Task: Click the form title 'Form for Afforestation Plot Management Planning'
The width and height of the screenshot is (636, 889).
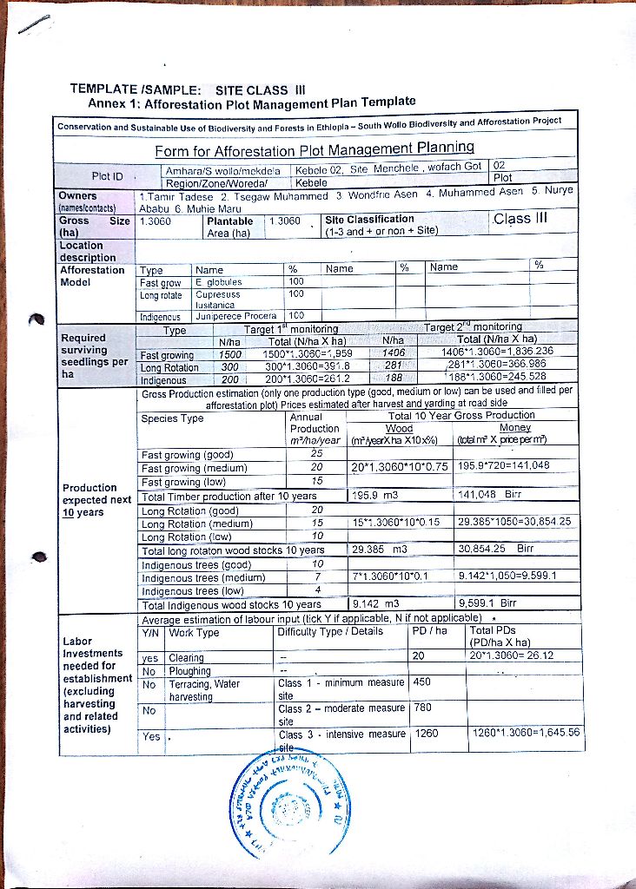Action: click(315, 148)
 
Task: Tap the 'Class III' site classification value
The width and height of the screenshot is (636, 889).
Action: click(520, 218)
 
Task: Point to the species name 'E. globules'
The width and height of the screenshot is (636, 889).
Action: click(219, 282)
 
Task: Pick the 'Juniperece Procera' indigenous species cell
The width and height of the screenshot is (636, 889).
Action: click(235, 316)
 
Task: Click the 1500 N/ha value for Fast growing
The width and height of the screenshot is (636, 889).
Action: click(229, 354)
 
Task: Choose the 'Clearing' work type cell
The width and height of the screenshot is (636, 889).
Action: click(186, 658)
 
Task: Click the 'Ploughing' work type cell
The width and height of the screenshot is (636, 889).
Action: click(190, 671)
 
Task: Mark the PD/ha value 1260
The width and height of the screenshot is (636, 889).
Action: click(427, 734)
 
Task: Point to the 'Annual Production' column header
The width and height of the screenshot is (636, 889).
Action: click(315, 423)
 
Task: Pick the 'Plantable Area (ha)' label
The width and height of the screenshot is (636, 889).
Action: click(229, 227)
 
